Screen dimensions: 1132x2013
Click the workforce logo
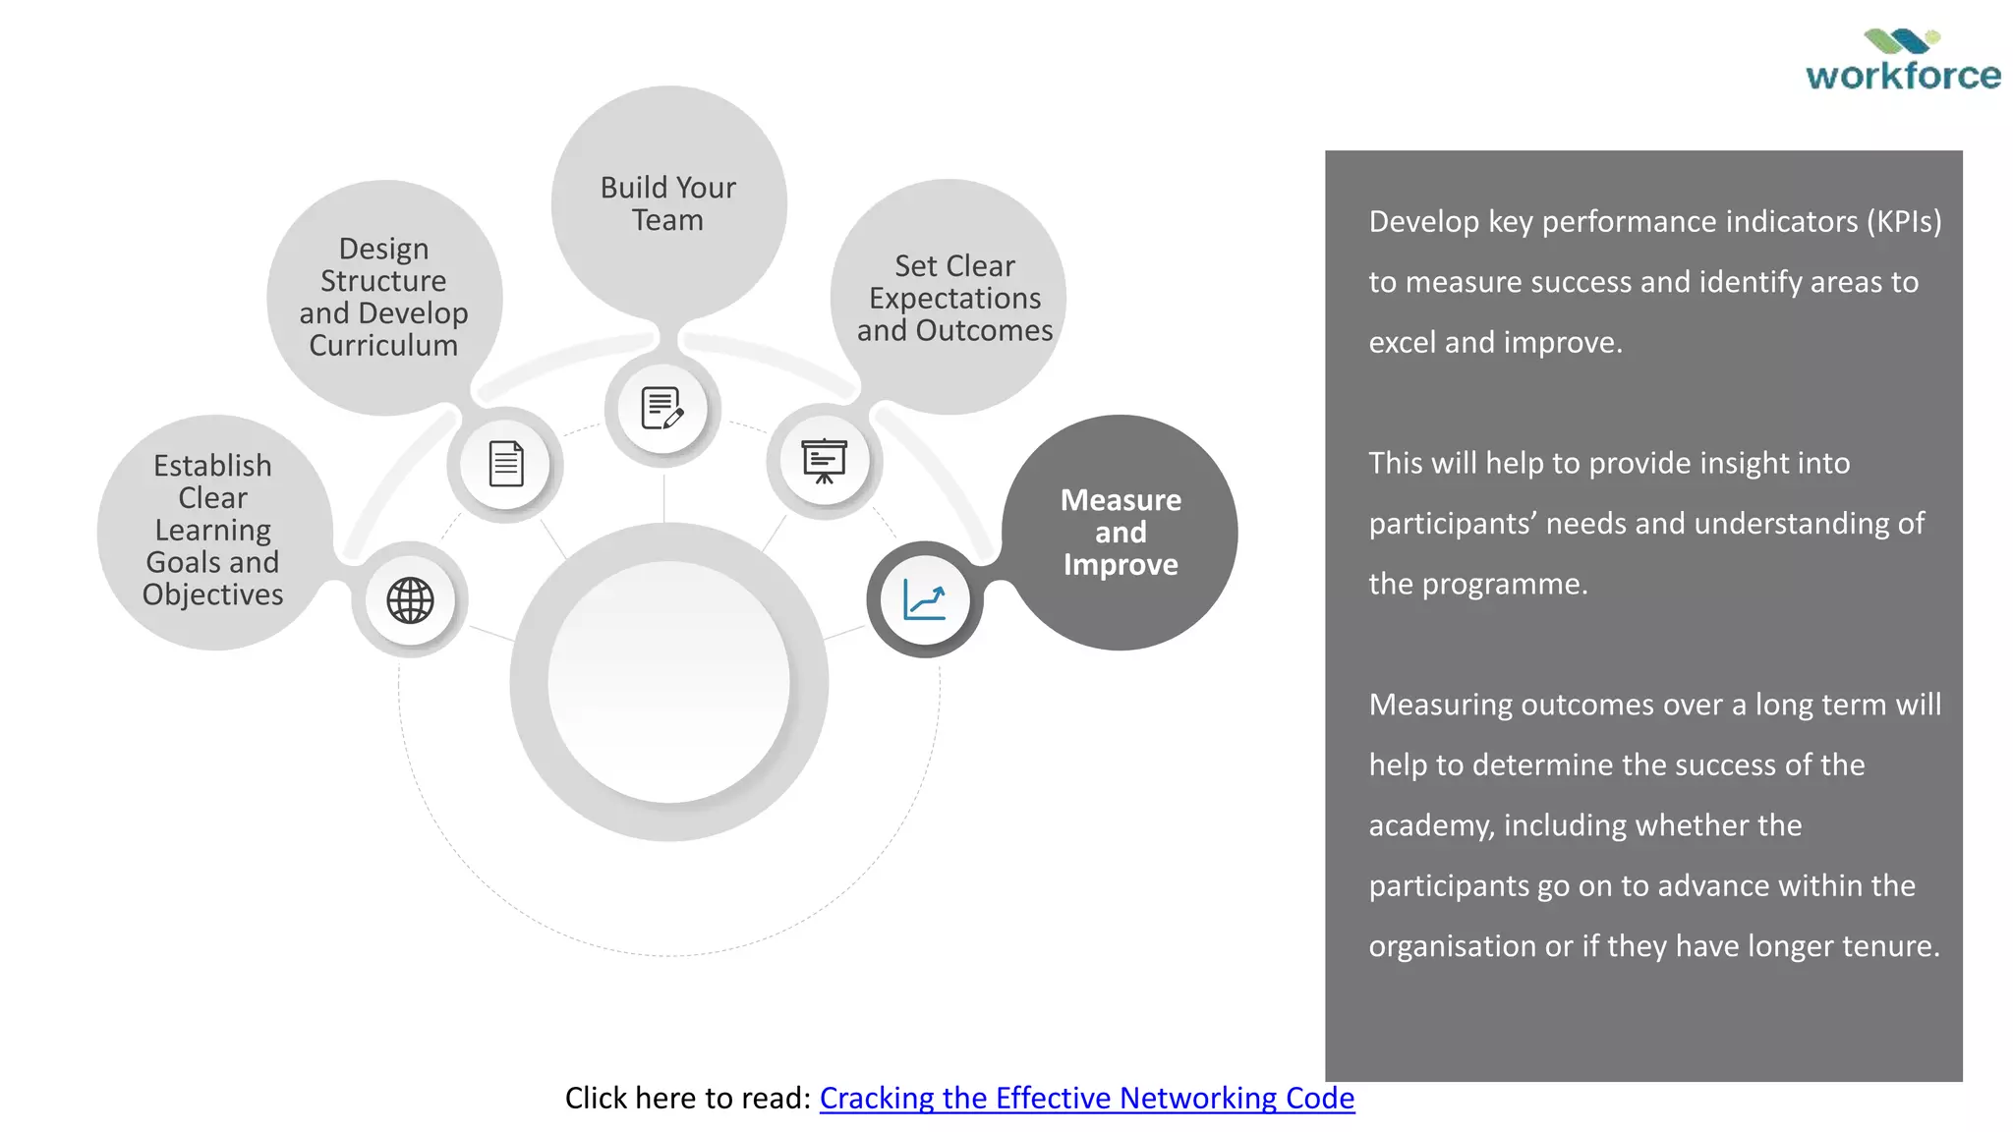(1902, 61)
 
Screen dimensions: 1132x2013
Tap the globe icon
(410, 600)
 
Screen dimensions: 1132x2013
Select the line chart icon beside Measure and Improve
(924, 599)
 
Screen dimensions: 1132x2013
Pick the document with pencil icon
(662, 408)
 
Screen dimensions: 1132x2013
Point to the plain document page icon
(506, 464)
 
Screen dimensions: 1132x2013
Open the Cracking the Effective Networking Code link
(1086, 1098)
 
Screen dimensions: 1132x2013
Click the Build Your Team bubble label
(668, 203)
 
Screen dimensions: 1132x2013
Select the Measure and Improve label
(1121, 533)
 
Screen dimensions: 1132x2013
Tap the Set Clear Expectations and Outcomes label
(954, 298)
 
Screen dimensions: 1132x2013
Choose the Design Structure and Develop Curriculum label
(383, 297)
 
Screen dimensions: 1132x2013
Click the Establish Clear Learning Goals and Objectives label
(212, 530)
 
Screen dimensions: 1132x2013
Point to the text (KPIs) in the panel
(1904, 222)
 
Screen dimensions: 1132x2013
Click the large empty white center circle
(668, 682)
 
